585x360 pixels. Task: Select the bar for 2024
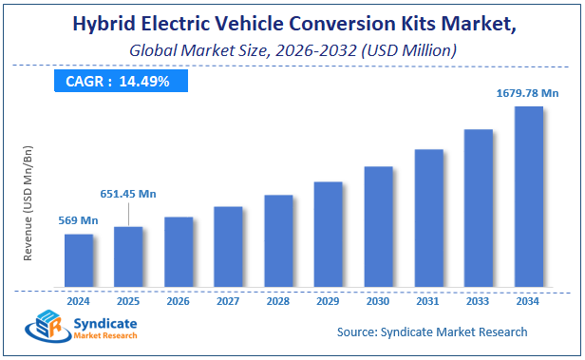[x=79, y=260]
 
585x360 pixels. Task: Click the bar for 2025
[x=128, y=256]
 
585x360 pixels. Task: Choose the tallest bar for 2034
[x=528, y=197]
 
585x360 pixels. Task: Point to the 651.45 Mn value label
[x=128, y=194]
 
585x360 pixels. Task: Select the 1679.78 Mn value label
[x=528, y=93]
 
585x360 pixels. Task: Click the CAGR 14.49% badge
[x=118, y=81]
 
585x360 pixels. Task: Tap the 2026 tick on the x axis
[x=179, y=301]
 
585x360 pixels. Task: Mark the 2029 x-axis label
[x=328, y=301]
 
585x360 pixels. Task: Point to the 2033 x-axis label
[x=478, y=301]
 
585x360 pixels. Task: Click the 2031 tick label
[x=428, y=301]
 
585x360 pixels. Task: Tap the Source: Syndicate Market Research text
[x=432, y=332]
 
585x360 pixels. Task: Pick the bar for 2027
[x=228, y=247]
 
